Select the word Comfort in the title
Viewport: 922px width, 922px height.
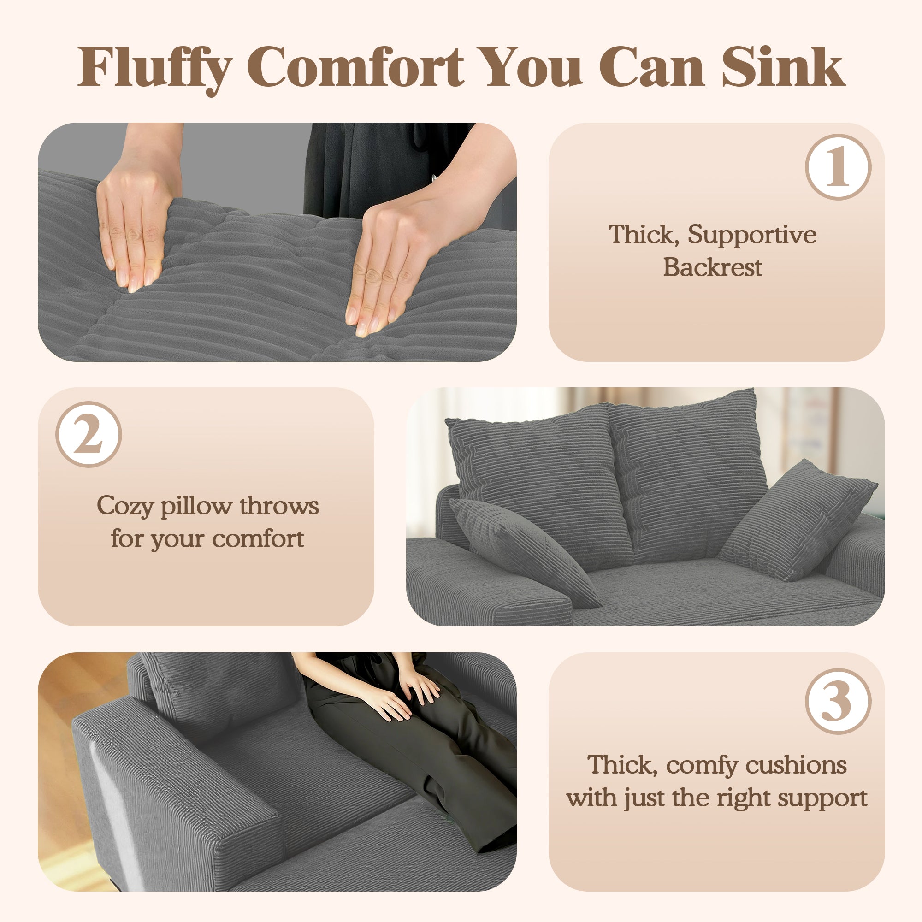[x=355, y=68]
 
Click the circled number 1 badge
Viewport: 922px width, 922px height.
[x=838, y=166]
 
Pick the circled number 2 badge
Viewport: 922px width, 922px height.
[x=89, y=434]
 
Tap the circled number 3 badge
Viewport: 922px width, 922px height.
[x=838, y=701]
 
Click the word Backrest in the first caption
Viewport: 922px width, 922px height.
[x=712, y=267]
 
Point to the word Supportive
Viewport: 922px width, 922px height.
[x=751, y=235]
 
